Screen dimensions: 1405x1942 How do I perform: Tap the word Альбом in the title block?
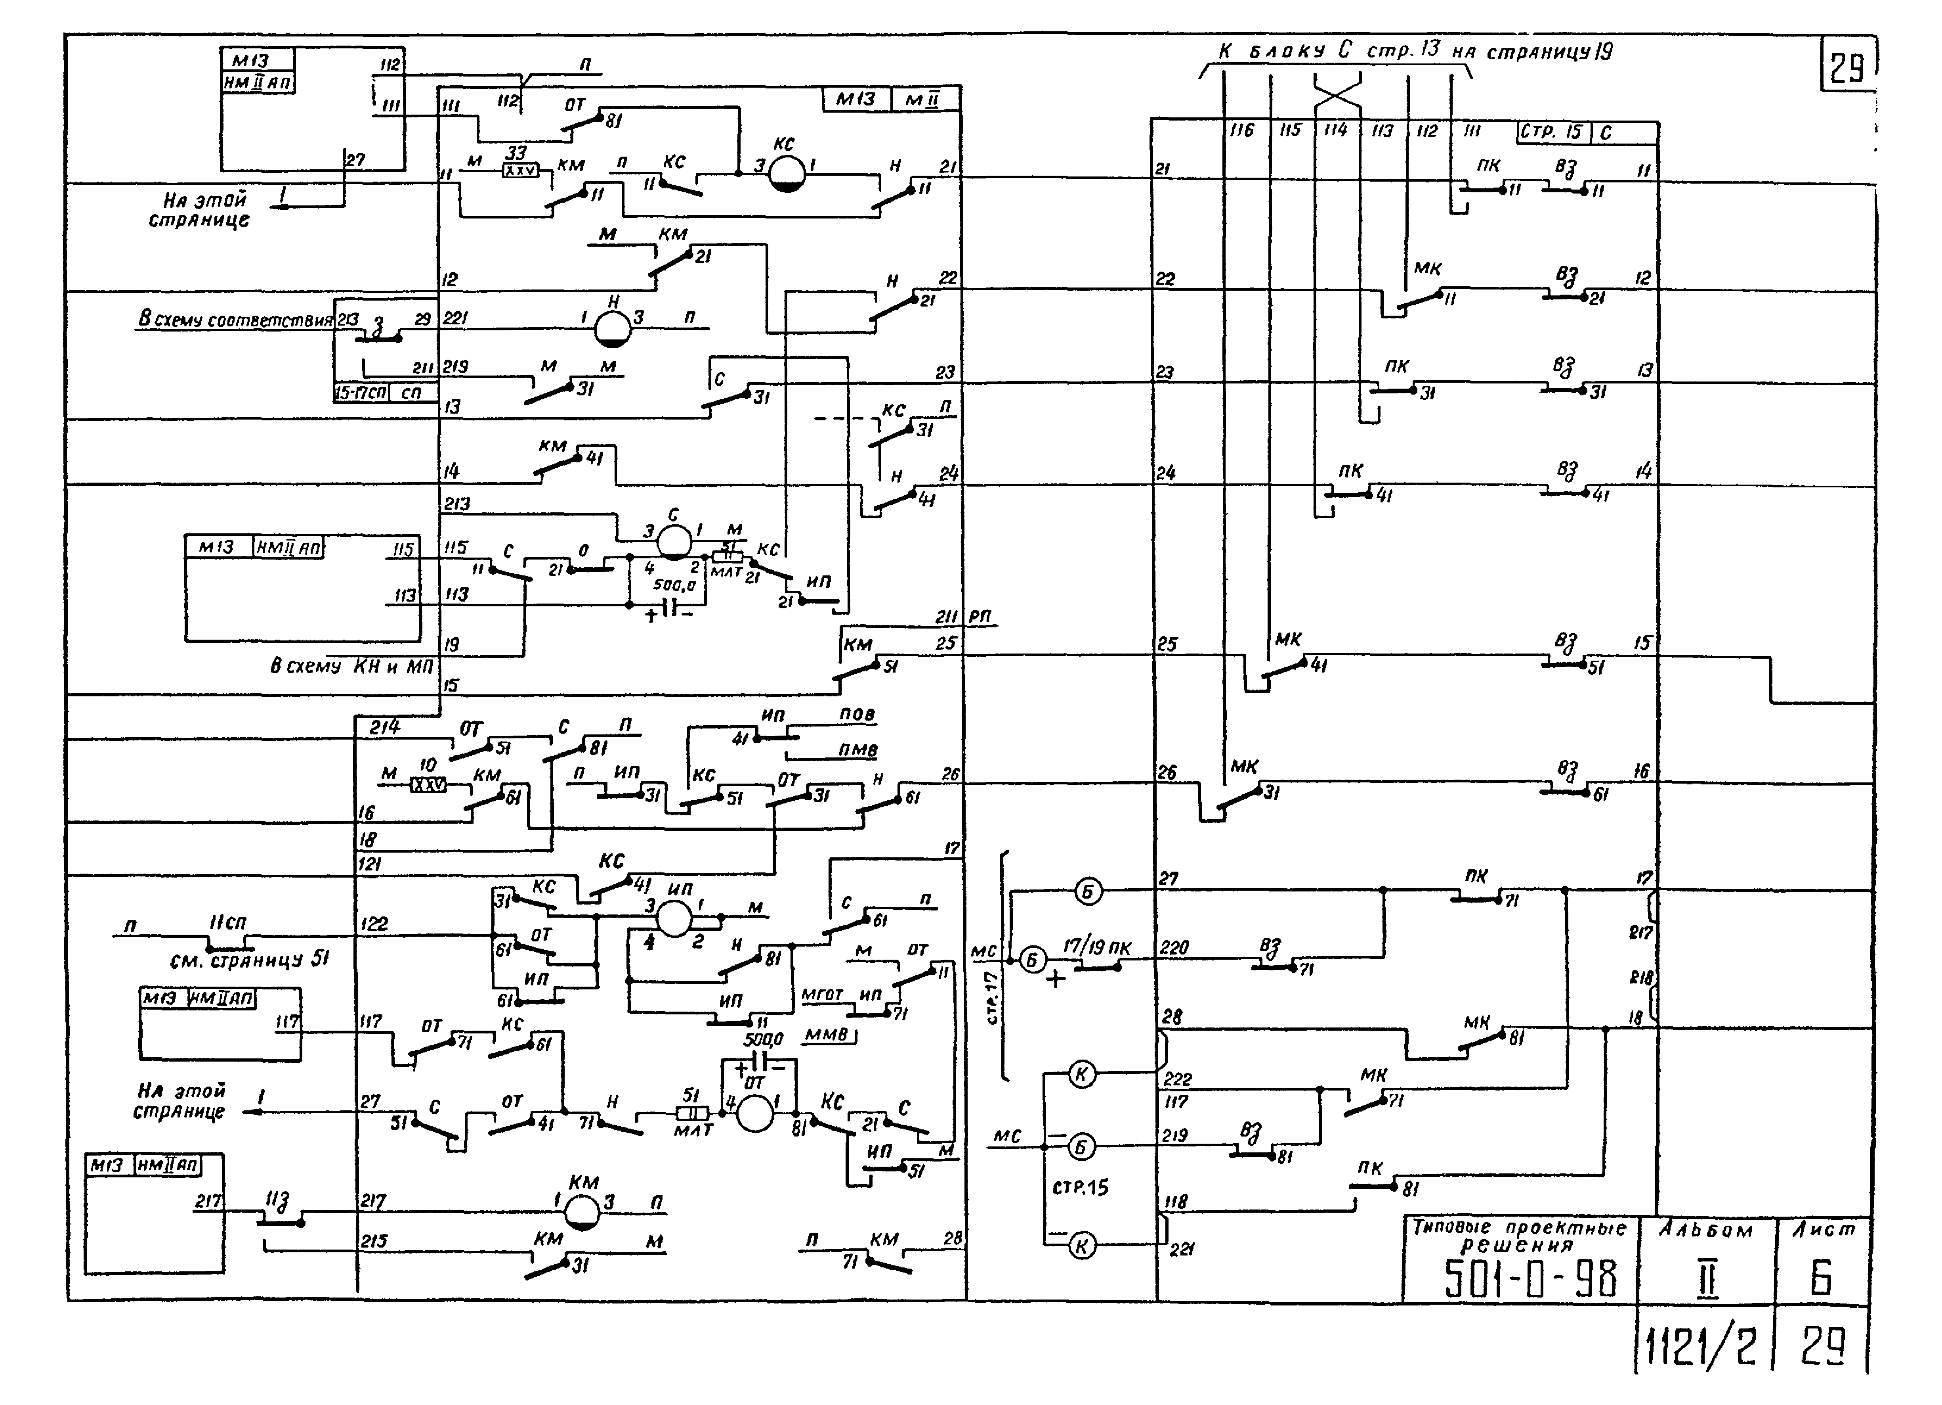pyautogui.click(x=1706, y=1230)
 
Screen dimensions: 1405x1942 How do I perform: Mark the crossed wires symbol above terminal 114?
pyautogui.click(x=1337, y=91)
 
